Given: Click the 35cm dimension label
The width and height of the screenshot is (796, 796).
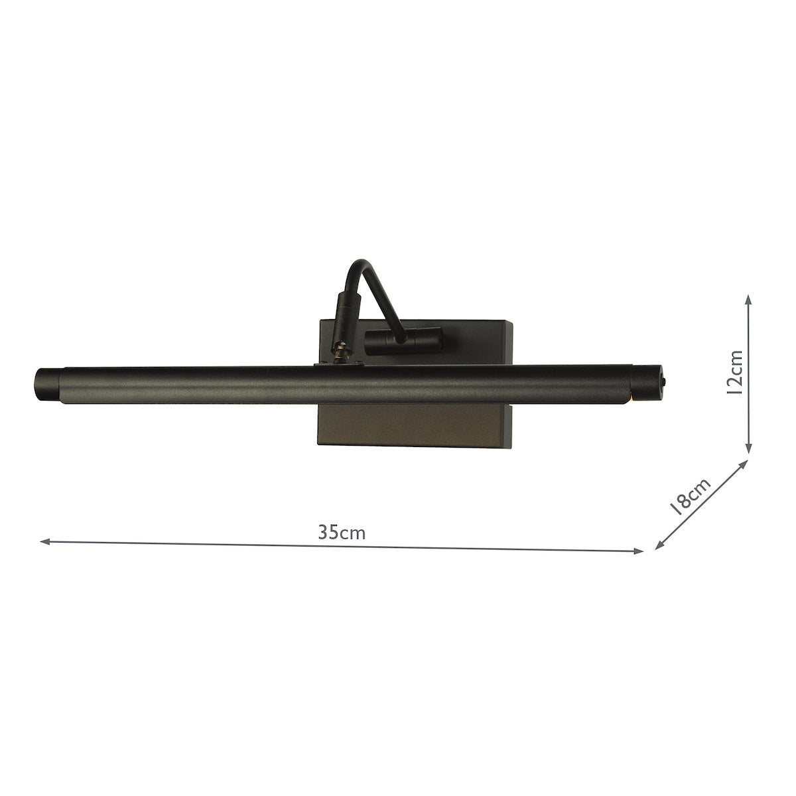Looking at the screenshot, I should pyautogui.click(x=342, y=533).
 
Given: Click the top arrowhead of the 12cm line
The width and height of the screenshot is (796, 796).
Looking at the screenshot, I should pyautogui.click(x=749, y=300).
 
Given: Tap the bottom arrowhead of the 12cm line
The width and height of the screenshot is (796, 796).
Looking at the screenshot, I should pyautogui.click(x=749, y=451).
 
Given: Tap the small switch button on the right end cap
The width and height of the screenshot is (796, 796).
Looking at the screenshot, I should pyautogui.click(x=665, y=383).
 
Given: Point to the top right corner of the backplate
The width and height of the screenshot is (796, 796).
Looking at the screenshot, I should pyautogui.click(x=511, y=322).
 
